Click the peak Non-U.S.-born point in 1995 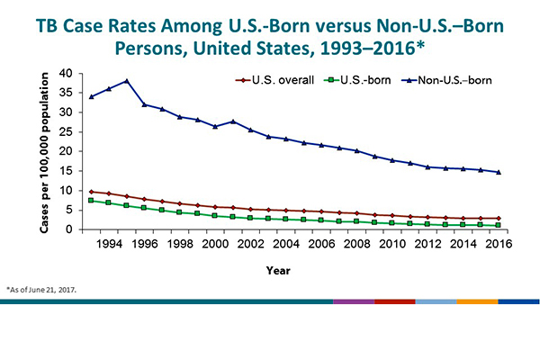pos(126,81)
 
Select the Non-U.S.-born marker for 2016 pos(499,172)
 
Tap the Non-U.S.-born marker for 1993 pos(91,96)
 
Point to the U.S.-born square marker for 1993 pos(91,200)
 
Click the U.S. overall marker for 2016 pos(499,219)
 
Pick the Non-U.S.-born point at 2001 pos(233,121)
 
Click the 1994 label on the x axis pos(109,244)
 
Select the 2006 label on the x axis pos(321,244)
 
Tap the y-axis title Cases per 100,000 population pos(44,150)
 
